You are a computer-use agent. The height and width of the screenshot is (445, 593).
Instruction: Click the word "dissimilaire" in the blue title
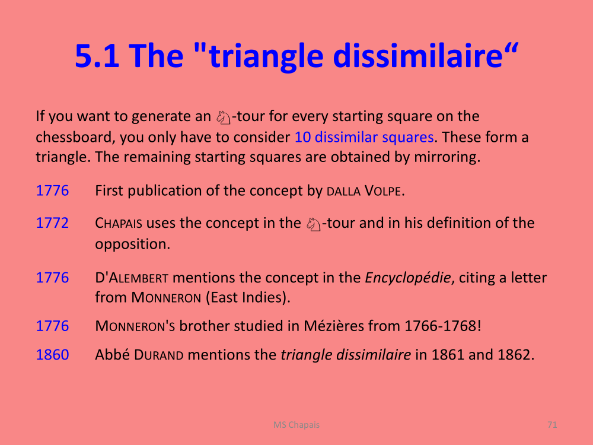(x=418, y=55)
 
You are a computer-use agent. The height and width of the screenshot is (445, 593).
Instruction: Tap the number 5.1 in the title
(x=97, y=56)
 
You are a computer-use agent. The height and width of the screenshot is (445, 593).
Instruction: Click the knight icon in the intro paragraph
(x=224, y=117)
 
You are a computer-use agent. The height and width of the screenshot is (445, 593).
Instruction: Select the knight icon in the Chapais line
(x=314, y=224)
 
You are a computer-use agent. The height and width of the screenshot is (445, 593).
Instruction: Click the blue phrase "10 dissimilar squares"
(x=364, y=137)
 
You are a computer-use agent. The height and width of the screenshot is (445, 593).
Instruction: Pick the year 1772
(x=52, y=223)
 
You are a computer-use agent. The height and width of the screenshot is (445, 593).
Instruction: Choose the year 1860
(x=52, y=355)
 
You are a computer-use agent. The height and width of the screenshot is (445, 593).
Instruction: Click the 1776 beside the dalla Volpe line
(x=52, y=190)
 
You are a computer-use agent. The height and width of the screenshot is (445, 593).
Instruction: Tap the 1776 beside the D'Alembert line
(x=52, y=277)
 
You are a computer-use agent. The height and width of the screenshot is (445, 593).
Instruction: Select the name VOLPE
(x=382, y=190)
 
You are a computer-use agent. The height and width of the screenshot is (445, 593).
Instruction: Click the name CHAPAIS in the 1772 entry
(x=119, y=223)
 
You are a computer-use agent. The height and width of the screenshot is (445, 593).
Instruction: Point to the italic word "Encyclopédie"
(x=408, y=278)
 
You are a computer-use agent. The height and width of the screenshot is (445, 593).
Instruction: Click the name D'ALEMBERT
(x=132, y=278)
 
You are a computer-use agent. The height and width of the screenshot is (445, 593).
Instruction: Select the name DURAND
(x=159, y=355)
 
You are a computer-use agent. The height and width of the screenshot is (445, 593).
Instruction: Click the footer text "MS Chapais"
(x=296, y=425)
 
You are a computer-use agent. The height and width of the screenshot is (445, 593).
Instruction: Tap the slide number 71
(x=552, y=425)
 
